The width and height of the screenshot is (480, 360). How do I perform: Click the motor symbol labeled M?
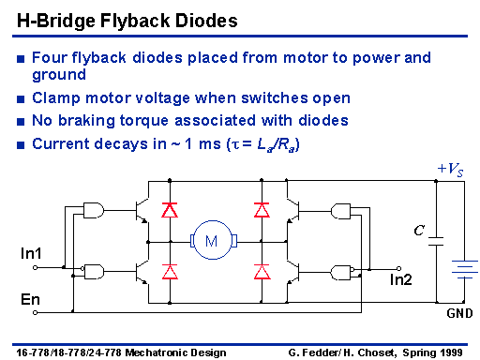pyautogui.click(x=214, y=240)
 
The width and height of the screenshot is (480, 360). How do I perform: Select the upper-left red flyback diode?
pyautogui.click(x=170, y=210)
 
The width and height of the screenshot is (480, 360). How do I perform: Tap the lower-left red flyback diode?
pyautogui.click(x=170, y=271)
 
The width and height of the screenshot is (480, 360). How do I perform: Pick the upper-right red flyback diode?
pyautogui.click(x=262, y=210)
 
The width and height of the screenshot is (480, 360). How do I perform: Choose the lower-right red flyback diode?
pyautogui.click(x=262, y=271)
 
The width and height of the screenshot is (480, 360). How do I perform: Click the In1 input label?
pyautogui.click(x=31, y=253)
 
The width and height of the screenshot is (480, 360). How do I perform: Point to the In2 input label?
pyautogui.click(x=401, y=279)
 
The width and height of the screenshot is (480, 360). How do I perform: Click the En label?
pyautogui.click(x=30, y=299)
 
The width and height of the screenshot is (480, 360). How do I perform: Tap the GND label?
pyautogui.click(x=459, y=313)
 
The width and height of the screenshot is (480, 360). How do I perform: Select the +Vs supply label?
pyautogui.click(x=450, y=170)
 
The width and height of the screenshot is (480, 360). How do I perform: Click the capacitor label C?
pyautogui.click(x=419, y=231)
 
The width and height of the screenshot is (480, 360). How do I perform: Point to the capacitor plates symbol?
pyautogui.click(x=436, y=241)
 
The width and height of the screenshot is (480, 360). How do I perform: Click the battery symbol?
pyautogui.click(x=465, y=269)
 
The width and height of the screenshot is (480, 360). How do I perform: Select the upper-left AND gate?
pyautogui.click(x=94, y=210)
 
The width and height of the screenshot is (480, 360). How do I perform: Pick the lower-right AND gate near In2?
pyautogui.click(x=342, y=273)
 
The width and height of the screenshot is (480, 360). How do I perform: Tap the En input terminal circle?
pyautogui.click(x=35, y=312)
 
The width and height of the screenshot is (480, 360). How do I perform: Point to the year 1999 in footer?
pyautogui.click(x=451, y=352)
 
